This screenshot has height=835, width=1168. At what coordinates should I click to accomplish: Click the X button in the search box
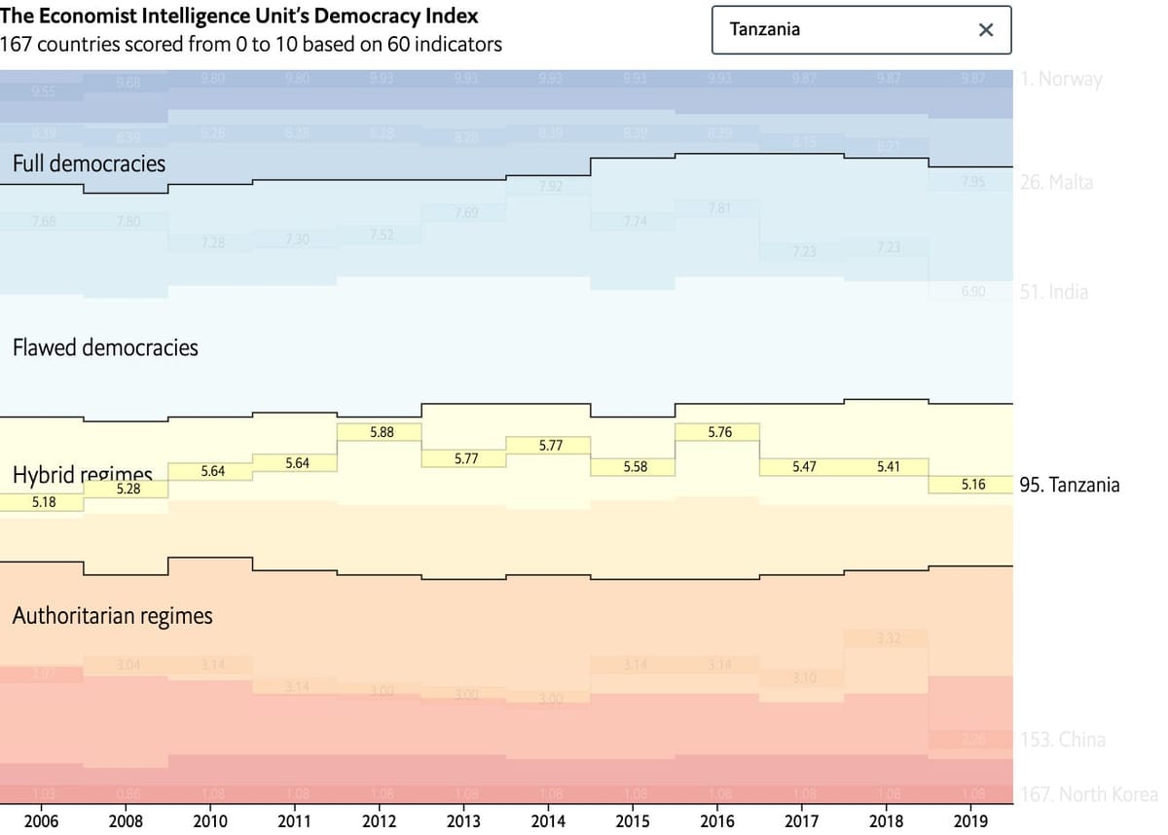985,30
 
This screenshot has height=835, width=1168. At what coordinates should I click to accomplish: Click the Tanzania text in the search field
765,29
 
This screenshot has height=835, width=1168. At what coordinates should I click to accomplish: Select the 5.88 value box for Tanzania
382,432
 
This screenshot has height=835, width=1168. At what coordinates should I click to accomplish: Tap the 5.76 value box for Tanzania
719,432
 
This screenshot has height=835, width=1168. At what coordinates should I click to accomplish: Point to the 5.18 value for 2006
44,502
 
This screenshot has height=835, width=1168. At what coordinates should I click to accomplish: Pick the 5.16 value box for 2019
973,484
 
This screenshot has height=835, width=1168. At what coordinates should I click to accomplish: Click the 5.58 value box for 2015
635,467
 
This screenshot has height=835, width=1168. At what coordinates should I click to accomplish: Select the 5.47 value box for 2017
804,467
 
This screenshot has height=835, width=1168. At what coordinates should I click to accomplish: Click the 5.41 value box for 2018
888,466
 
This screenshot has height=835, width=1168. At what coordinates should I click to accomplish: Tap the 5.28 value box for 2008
128,490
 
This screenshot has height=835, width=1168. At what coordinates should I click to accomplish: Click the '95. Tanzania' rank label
1070,485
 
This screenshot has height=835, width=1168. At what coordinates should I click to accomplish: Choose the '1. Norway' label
1062,80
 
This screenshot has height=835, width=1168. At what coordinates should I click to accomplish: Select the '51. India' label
1054,292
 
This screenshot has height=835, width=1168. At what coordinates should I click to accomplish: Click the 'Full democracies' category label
89,163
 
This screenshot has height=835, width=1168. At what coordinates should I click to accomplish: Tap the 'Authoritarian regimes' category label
112,616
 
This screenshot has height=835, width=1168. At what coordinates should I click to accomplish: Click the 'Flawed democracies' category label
105,347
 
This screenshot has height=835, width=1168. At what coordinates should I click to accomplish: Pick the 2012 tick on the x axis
379,820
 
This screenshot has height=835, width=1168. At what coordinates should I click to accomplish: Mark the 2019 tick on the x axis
971,820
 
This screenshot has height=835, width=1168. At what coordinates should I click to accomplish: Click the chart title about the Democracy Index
238,18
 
